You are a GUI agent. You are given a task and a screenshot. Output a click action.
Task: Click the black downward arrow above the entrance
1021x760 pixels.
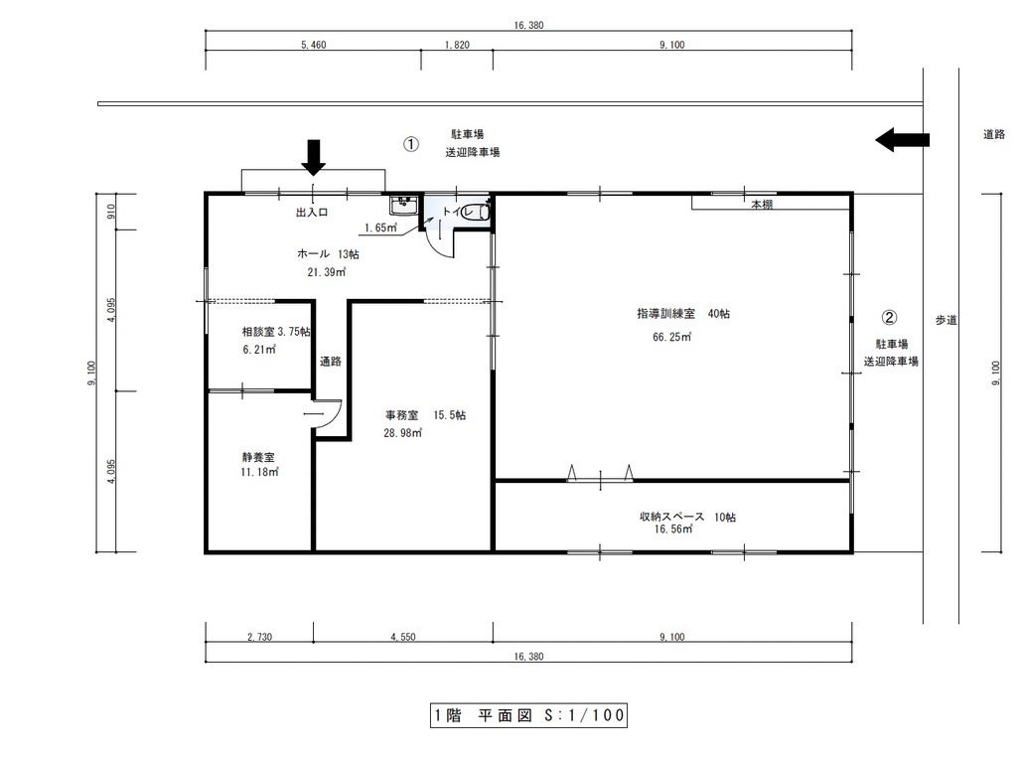pyautogui.click(x=314, y=157)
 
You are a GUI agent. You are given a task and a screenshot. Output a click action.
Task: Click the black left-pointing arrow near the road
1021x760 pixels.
pyautogui.click(x=902, y=139)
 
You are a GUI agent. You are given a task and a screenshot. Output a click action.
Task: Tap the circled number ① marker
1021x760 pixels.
pyautogui.click(x=411, y=144)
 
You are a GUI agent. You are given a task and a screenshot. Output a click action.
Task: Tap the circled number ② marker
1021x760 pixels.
pyautogui.click(x=889, y=317)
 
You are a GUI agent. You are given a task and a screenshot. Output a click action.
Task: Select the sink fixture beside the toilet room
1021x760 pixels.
pyautogui.click(x=403, y=206)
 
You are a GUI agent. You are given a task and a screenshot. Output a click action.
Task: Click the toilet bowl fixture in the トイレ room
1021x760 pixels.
pyautogui.click(x=483, y=212)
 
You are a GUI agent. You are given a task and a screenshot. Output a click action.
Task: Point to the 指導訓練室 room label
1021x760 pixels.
pyautogui.click(x=666, y=313)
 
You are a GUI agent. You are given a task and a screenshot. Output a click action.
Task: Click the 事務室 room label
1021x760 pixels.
pyautogui.click(x=402, y=415)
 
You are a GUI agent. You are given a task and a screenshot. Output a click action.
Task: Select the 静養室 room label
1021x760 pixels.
pyautogui.click(x=258, y=457)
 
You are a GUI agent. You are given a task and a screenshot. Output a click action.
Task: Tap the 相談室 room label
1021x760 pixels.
pyautogui.click(x=258, y=332)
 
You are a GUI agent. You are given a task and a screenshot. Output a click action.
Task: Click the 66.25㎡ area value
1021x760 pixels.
pyautogui.click(x=672, y=337)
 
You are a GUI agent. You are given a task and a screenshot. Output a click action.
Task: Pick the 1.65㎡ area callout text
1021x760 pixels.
pyautogui.click(x=380, y=228)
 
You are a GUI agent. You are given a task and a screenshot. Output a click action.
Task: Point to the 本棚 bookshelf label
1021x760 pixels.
pyautogui.click(x=762, y=204)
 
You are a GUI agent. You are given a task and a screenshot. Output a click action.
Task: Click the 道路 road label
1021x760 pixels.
pyautogui.click(x=993, y=134)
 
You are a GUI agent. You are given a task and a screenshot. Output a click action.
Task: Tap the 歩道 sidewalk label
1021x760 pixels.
pyautogui.click(x=947, y=320)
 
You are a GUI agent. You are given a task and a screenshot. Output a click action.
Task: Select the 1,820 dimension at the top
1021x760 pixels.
pyautogui.click(x=457, y=45)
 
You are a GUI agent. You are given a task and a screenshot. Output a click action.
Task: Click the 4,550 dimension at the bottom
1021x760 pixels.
pyautogui.click(x=402, y=637)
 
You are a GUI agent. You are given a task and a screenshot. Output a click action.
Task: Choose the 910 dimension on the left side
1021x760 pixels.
pyautogui.click(x=110, y=211)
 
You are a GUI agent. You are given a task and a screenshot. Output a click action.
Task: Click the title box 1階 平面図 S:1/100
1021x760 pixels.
pyautogui.click(x=528, y=715)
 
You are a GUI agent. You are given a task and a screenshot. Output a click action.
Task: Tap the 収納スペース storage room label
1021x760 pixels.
pyautogui.click(x=672, y=517)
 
